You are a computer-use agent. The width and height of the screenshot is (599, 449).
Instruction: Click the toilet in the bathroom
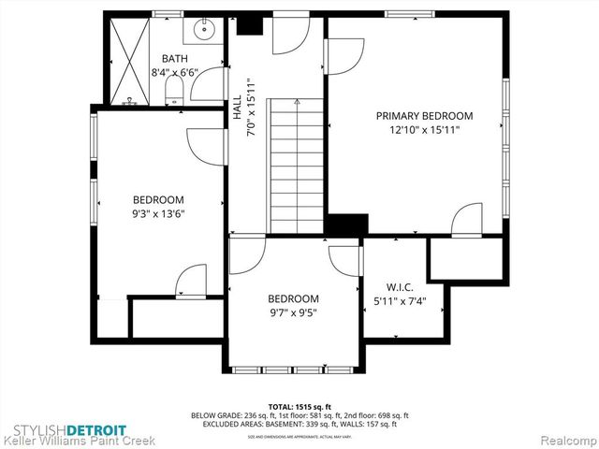pyautogui.click(x=173, y=89)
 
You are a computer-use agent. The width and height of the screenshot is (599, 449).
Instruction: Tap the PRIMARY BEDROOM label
pyautogui.click(x=424, y=116)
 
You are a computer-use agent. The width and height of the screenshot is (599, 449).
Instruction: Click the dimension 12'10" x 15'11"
pyautogui.click(x=424, y=130)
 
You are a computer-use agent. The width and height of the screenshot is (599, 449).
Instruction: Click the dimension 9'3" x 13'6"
pyautogui.click(x=157, y=213)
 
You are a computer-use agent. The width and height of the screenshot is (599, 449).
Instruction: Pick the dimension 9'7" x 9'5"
pyautogui.click(x=293, y=313)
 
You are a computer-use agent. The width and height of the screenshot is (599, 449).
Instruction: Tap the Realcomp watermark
pyautogui.click(x=565, y=438)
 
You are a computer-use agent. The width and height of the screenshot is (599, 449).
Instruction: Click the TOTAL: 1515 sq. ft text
pyautogui.click(x=299, y=407)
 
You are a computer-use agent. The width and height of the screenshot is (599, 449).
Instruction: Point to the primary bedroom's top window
pyautogui.click(x=409, y=14)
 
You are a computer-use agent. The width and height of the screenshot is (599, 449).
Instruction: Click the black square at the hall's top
pyautogui.click(x=249, y=24)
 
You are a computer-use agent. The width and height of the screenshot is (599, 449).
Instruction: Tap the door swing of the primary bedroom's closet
pyautogui.click(x=465, y=220)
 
